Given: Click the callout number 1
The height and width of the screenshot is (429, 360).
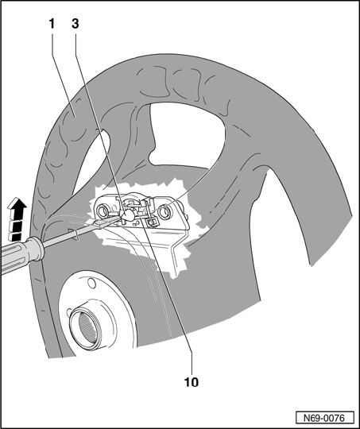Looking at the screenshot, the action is [52, 24].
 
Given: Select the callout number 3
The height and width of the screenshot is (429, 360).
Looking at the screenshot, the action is [75, 24].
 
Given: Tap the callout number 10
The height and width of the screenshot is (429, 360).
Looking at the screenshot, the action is [192, 382].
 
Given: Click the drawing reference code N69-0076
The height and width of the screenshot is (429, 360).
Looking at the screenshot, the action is [325, 418].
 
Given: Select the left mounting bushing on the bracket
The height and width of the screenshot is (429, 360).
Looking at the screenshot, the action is [102, 211].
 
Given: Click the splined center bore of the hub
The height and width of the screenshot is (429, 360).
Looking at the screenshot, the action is [87, 328].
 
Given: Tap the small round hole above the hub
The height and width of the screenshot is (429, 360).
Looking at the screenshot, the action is [91, 284].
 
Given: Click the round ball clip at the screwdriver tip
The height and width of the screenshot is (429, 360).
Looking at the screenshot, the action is [128, 214].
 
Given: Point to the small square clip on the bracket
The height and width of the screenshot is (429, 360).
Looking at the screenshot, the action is [152, 222].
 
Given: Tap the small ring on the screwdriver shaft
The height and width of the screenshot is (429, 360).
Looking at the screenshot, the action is [76, 235].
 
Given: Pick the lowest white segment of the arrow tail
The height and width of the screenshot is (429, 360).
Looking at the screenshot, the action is [15, 237].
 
